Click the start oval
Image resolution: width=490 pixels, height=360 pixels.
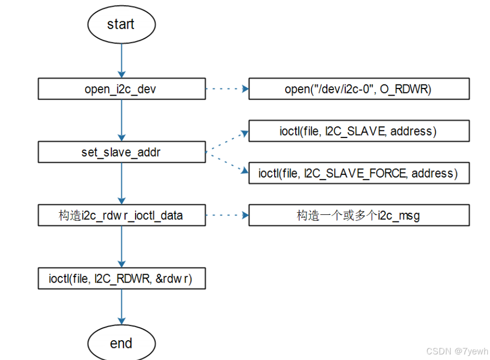pos(121,24)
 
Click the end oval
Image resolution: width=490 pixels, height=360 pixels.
pos(121,343)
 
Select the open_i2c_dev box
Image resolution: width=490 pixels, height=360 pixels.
pos(121,89)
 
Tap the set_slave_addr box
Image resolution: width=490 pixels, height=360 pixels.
pos(121,152)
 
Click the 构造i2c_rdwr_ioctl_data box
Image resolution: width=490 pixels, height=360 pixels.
pos(121,215)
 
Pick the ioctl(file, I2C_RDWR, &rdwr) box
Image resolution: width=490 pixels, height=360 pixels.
pos(121,279)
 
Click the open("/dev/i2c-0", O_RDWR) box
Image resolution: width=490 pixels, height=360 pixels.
pos(359,89)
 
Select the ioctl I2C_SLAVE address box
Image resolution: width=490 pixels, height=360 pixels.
pos(359,131)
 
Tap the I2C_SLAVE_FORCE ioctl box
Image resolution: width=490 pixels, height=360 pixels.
pos(359,173)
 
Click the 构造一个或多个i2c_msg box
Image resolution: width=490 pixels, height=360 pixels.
pos(359,215)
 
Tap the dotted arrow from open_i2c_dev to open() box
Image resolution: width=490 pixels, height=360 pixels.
pos(227,89)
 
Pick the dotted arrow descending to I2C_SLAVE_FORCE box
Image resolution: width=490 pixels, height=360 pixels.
pos(228,163)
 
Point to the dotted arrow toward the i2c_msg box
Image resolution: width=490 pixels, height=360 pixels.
pos(227,215)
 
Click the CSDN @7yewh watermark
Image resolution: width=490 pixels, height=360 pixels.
pos(457,351)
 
